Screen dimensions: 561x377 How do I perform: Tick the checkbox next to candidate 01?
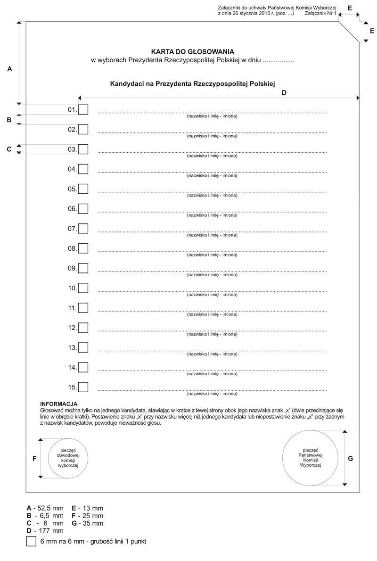83,110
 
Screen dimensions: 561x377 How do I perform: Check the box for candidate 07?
83,229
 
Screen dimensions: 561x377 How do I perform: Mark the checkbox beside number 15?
83,387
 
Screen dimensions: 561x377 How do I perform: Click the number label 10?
72,288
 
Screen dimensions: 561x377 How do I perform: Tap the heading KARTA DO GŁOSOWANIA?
192,51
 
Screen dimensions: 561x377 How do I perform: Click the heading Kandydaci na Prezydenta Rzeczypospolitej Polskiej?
192,83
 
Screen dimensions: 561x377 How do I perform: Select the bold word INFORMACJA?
59,404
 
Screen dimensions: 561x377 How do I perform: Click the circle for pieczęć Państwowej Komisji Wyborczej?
310,458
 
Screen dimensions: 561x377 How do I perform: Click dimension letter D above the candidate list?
284,93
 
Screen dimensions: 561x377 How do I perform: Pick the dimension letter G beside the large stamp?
350,458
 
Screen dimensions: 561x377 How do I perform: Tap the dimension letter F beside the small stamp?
34,458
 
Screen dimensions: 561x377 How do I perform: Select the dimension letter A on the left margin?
9,69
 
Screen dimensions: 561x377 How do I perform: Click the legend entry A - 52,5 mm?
45,508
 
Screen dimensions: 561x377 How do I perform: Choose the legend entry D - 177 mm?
45,531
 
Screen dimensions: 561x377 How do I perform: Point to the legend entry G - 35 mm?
88,523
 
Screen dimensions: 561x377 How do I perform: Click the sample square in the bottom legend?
32,541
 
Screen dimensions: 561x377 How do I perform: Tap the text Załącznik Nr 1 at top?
320,14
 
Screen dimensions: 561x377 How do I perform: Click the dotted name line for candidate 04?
212,172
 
